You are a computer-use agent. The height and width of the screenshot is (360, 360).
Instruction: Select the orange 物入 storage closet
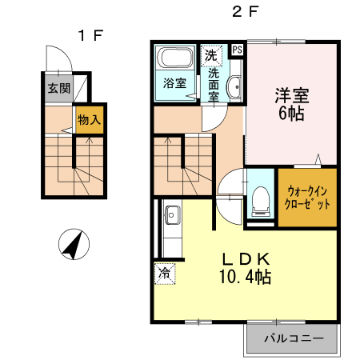(90, 120)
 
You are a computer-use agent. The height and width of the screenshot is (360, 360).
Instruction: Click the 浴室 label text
(174, 82)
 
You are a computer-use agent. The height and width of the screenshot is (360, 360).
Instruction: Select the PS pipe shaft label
(237, 50)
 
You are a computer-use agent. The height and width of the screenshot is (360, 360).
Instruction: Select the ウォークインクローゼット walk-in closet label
(307, 197)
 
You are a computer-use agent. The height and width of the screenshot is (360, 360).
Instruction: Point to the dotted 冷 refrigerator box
(164, 273)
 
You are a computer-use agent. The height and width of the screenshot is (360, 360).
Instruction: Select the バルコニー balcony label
(294, 338)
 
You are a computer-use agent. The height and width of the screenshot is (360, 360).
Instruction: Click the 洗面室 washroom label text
(214, 84)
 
